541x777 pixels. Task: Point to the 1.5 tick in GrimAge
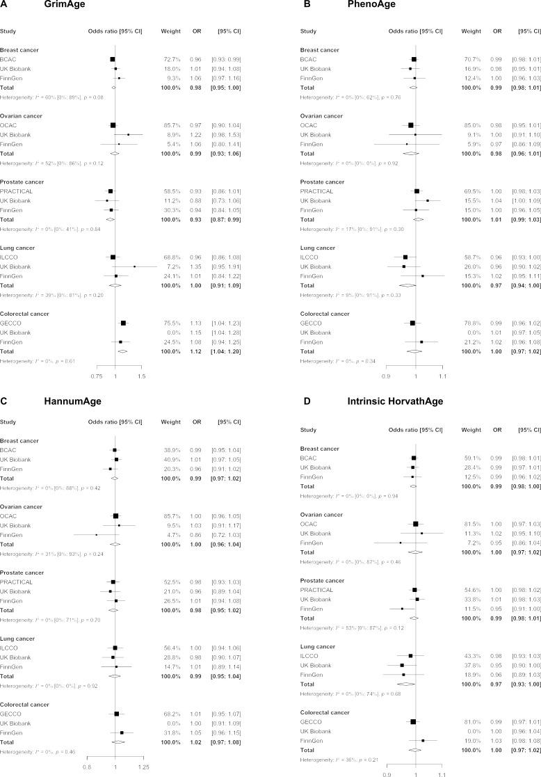tap(141, 355)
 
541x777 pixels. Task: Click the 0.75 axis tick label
tap(97, 355)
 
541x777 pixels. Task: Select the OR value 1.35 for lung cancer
tap(197, 246)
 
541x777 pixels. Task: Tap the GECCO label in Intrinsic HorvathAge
tap(309, 702)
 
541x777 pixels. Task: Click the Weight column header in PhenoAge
tap(471, 32)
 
